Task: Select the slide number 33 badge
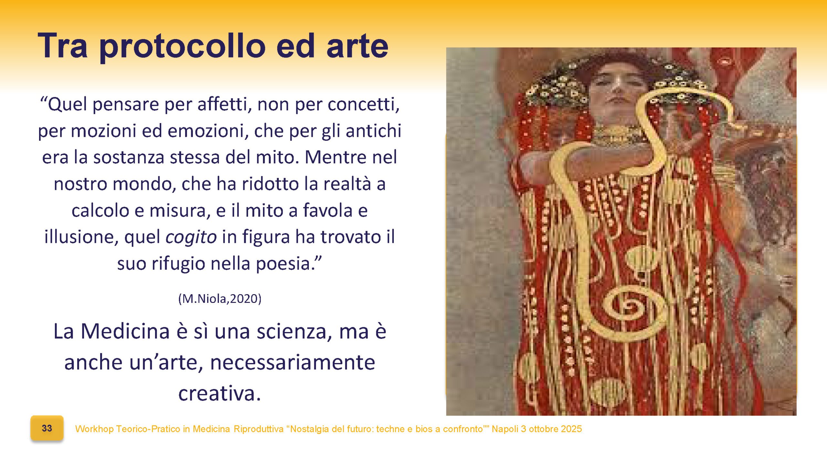click(x=47, y=428)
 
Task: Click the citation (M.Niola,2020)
click(x=220, y=299)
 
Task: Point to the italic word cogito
click(x=191, y=237)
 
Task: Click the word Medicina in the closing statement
click(x=125, y=331)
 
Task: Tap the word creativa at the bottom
click(x=219, y=393)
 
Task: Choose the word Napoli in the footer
click(x=505, y=429)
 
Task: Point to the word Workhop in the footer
click(x=94, y=429)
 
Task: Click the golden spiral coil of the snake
click(x=630, y=307)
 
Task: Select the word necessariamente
click(x=292, y=362)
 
